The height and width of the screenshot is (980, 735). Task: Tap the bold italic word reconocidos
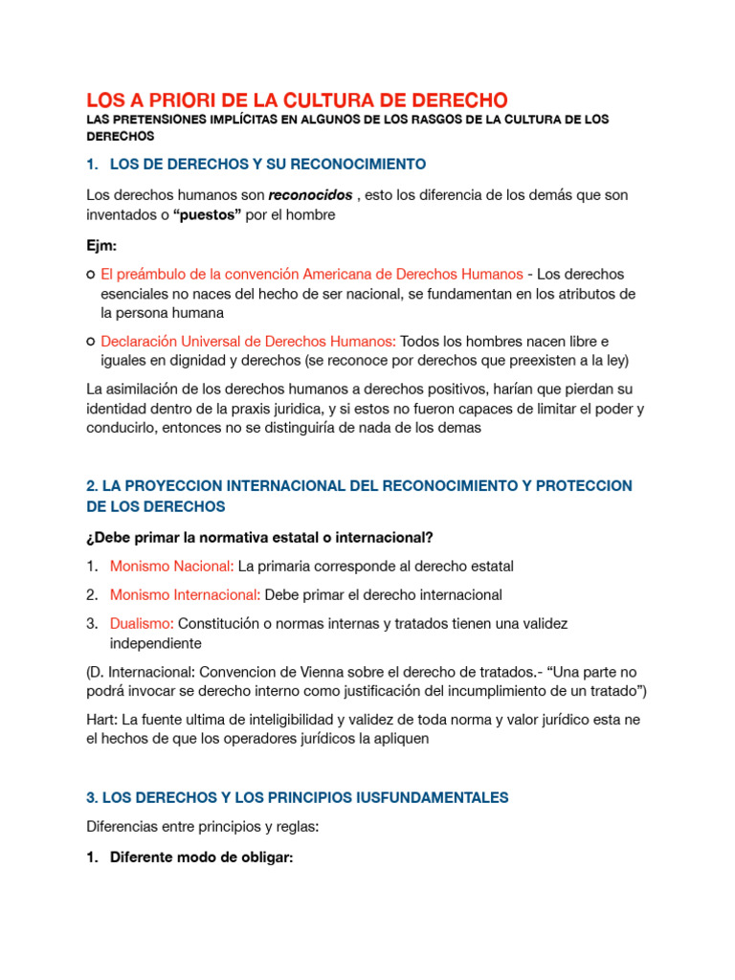[x=310, y=195]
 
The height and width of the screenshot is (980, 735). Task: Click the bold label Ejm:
[x=101, y=246]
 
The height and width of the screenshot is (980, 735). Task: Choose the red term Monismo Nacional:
[x=171, y=567]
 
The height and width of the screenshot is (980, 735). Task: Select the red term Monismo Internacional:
[x=186, y=595]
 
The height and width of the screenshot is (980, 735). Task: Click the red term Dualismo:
[x=142, y=624]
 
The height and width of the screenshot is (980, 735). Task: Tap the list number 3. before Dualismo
[x=92, y=624]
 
